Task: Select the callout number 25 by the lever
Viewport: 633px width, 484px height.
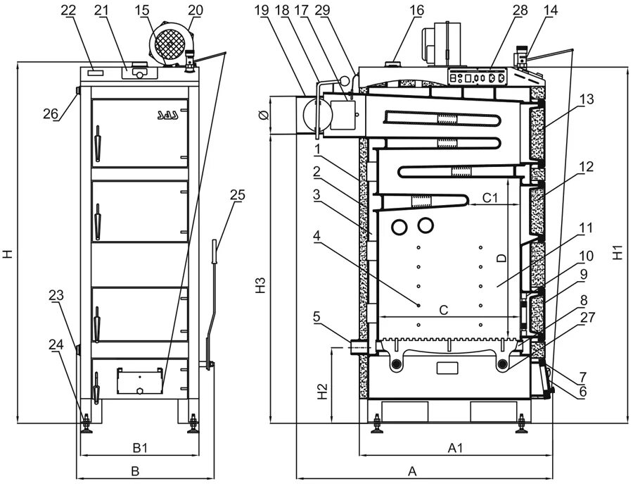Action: (237, 196)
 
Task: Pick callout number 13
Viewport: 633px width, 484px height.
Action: (587, 99)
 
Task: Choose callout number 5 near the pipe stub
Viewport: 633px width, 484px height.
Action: (318, 317)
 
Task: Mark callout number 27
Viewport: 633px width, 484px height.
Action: (587, 317)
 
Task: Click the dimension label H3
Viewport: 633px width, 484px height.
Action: (261, 285)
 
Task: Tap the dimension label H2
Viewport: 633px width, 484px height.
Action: (321, 392)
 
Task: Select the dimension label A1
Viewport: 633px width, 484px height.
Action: (455, 447)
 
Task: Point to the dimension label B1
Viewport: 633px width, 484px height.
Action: (140, 447)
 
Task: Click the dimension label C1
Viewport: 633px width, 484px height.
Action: (490, 199)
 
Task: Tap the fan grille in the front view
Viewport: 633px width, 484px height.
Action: (170, 42)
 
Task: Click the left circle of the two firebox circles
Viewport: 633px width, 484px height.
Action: (400, 227)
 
